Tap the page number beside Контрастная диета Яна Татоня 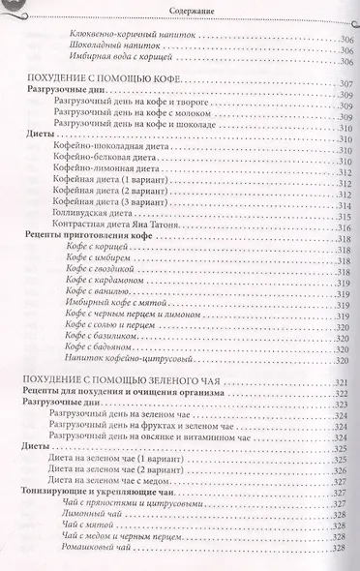(342, 228)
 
